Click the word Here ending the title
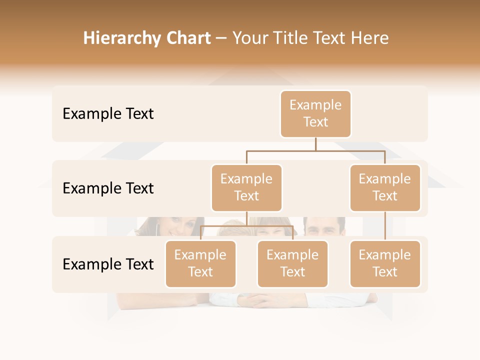[x=370, y=38]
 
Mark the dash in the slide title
[x=221, y=39]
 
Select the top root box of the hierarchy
[x=315, y=114]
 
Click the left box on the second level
[x=246, y=188]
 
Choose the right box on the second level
[x=385, y=188]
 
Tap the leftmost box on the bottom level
[x=200, y=264]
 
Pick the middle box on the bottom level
[x=292, y=264]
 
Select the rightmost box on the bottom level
[x=385, y=264]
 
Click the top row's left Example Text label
[x=108, y=114]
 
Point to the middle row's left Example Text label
[x=108, y=188]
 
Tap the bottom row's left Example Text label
[x=108, y=264]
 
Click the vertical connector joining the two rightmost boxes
[x=385, y=226]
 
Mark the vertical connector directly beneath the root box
[x=315, y=144]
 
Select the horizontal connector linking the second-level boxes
[x=315, y=150]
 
